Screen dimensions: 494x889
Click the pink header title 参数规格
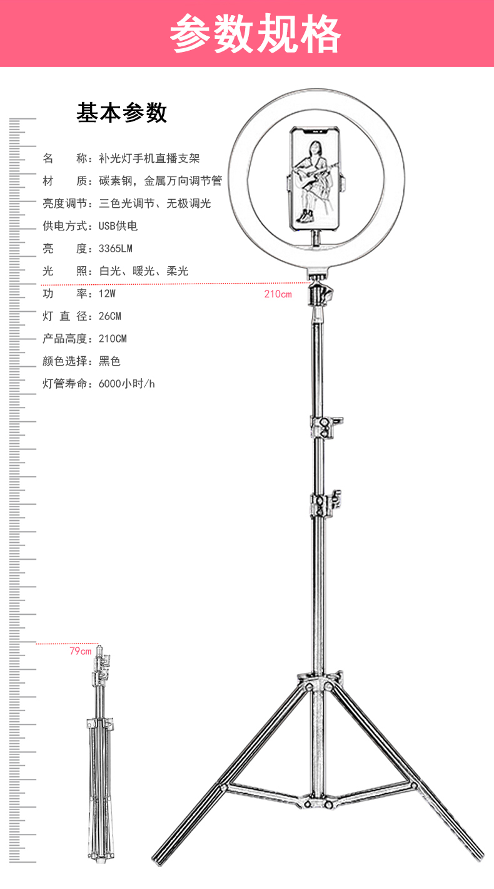click(x=255, y=33)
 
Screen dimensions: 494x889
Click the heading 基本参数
click(x=122, y=112)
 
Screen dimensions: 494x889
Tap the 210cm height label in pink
click(x=278, y=294)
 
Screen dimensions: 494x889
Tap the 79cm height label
click(x=81, y=651)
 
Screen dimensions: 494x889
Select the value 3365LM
click(x=116, y=249)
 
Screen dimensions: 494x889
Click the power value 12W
click(x=107, y=294)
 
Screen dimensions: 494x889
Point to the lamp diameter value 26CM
click(x=110, y=316)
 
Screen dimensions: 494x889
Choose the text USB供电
click(x=118, y=226)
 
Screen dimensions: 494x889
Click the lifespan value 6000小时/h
click(x=126, y=384)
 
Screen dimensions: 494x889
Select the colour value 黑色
click(x=109, y=361)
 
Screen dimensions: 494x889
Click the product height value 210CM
click(x=113, y=339)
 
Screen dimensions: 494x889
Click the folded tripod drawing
click(x=100, y=754)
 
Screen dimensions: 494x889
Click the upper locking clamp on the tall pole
click(x=325, y=426)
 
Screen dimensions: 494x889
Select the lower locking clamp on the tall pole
click(x=325, y=505)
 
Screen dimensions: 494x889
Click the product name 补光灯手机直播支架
click(x=149, y=158)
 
